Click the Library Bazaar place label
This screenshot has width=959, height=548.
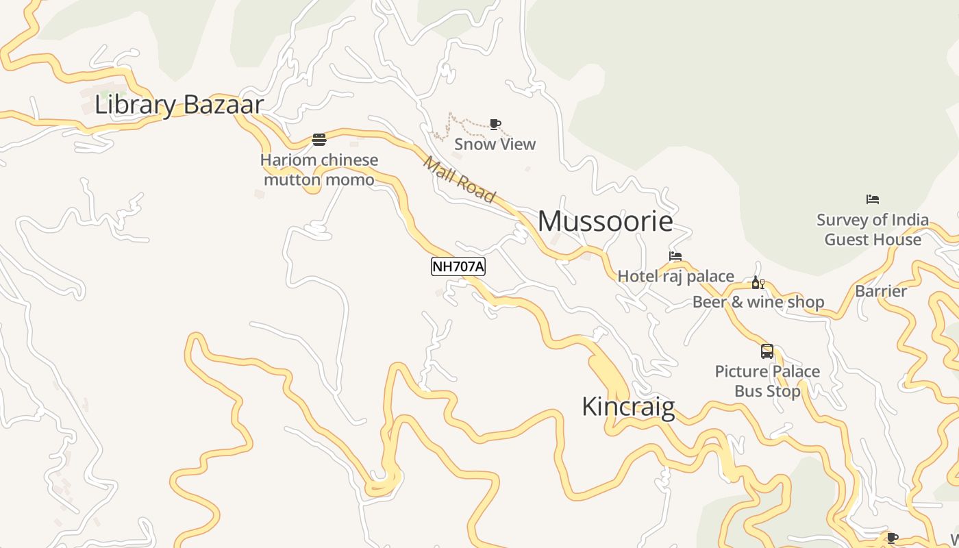pos(179,105)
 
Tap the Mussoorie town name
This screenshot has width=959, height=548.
pos(605,221)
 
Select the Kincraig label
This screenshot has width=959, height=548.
pos(628,406)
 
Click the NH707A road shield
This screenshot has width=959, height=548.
pos(458,266)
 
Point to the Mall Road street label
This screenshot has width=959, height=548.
pos(458,180)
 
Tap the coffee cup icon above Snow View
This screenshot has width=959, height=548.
pos(495,124)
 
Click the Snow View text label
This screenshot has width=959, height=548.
pos(495,144)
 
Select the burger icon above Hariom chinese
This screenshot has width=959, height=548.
pos(319,140)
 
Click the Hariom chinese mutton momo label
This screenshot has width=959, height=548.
pos(319,170)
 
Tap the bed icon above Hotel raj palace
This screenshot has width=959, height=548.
pos(675,256)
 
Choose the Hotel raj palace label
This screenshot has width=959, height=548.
pos(675,276)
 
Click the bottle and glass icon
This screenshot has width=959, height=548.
pos(758,283)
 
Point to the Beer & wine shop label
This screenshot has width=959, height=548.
pos(758,302)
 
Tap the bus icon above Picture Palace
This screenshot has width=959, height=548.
pos(767,351)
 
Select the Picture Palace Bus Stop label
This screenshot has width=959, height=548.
pos(767,381)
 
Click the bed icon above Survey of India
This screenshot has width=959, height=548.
pos(872,199)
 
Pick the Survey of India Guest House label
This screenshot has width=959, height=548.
pos(872,229)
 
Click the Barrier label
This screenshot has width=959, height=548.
pos(881,291)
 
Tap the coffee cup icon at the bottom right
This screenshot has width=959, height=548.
pos(892,538)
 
